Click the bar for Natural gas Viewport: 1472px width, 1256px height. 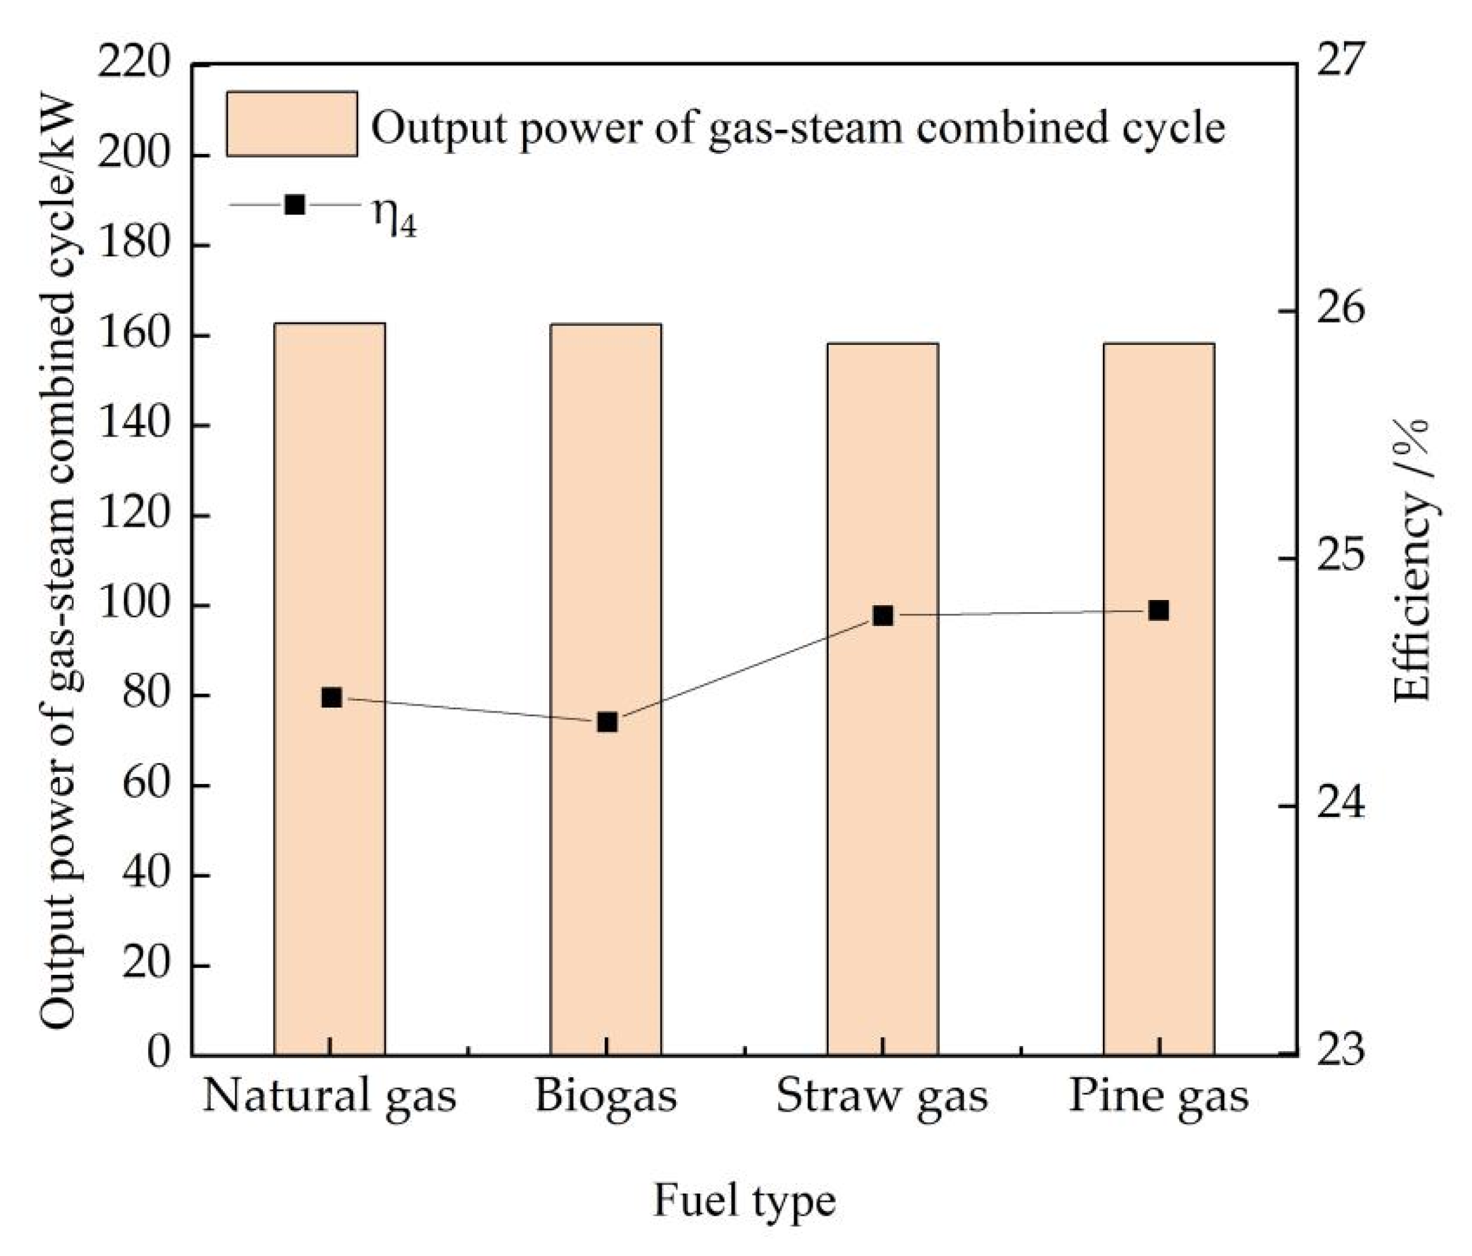(x=330, y=817)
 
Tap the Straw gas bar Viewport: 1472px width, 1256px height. (x=882, y=817)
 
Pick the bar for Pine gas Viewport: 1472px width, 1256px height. (x=1159, y=817)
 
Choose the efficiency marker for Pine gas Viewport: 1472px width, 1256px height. (x=1159, y=610)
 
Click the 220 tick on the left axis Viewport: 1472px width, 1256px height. (x=134, y=65)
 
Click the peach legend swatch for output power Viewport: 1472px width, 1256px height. (x=292, y=123)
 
